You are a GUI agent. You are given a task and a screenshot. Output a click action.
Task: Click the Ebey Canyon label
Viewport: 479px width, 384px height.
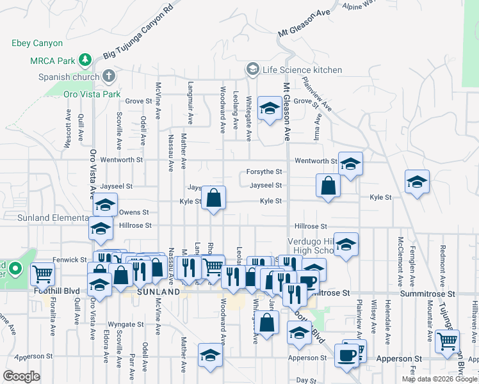pos(37,44)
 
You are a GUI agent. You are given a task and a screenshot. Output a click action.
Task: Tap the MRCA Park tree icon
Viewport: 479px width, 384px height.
pos(84,61)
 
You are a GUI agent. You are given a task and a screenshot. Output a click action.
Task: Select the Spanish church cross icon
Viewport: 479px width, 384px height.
pos(109,76)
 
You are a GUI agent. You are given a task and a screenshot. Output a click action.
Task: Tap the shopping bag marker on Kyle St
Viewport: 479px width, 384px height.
pos(215,197)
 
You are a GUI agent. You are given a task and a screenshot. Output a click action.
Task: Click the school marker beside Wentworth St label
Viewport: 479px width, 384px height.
pos(350,164)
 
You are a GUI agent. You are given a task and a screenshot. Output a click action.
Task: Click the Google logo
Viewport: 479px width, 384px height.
pos(21,376)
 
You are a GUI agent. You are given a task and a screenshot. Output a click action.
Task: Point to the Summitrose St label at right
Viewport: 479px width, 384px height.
pos(427,292)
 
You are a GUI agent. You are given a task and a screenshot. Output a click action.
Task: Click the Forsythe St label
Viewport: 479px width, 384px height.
pos(264,172)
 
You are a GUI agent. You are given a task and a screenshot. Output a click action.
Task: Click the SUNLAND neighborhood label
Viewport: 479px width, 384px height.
pos(159,292)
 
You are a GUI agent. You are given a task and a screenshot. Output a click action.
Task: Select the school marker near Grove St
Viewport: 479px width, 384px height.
pos(270,108)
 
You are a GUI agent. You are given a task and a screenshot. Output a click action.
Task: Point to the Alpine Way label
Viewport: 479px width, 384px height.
pos(357,5)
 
